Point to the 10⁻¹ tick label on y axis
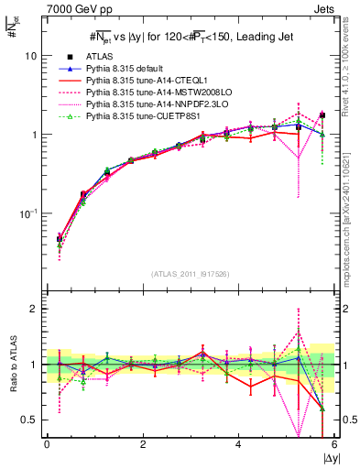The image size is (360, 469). click(30, 213)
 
